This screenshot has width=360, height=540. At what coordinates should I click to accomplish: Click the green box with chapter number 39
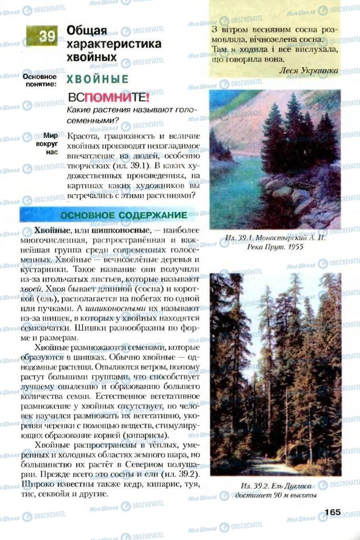41,36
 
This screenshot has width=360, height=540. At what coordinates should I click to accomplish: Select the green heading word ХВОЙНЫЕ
97,79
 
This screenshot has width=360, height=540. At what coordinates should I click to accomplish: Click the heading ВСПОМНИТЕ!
109,98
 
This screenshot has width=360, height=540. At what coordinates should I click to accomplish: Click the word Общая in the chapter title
87,31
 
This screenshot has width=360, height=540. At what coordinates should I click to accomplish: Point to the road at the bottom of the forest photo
266,467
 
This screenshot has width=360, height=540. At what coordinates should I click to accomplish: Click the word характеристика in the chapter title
114,44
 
